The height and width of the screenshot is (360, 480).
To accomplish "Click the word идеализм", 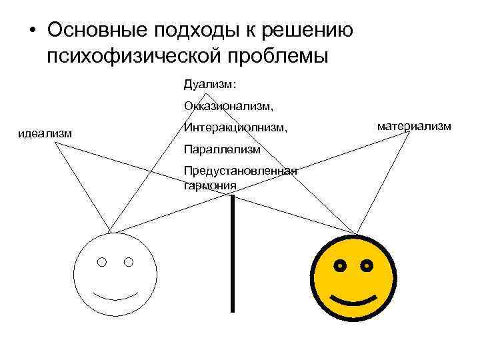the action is pyautogui.click(x=45, y=134).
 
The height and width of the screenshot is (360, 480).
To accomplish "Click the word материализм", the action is pyautogui.click(x=414, y=125).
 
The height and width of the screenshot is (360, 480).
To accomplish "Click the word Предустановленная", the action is pyautogui.click(x=239, y=171).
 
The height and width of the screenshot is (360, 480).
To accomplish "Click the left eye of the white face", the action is pyautogui.click(x=101, y=262).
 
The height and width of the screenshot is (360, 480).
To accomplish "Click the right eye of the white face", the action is pyautogui.click(x=128, y=262).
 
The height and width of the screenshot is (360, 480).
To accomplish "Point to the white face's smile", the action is pyautogui.click(x=115, y=294).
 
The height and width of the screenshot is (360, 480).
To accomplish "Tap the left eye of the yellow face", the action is pyautogui.click(x=340, y=266).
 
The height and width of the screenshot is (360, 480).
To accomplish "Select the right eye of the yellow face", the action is pyautogui.click(x=366, y=266).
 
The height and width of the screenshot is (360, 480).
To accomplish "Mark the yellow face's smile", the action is pyautogui.click(x=353, y=298).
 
